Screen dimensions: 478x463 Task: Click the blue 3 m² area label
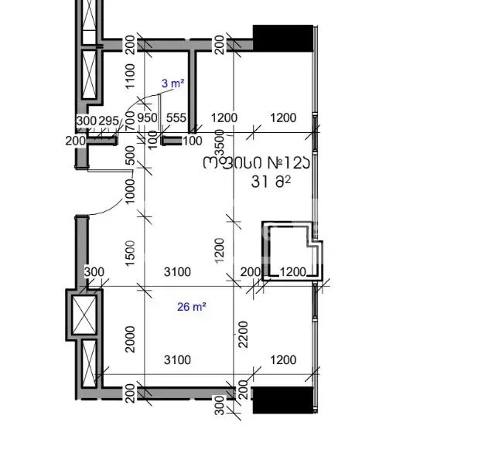pyautogui.click(x=172, y=83)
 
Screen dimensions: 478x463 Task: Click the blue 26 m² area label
pyautogui.click(x=192, y=307)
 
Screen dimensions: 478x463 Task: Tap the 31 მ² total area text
pyautogui.click(x=271, y=182)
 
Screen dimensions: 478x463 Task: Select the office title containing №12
pyautogui.click(x=257, y=162)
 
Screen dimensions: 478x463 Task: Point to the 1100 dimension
pyautogui.click(x=130, y=77)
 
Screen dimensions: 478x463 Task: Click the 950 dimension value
pyautogui.click(x=147, y=118)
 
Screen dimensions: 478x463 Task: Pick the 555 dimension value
pyautogui.click(x=176, y=118)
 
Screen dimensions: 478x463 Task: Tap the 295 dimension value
pyautogui.click(x=109, y=121)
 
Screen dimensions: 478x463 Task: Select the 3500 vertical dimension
pyautogui.click(x=220, y=142)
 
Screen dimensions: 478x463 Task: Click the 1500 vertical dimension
pyautogui.click(x=130, y=254)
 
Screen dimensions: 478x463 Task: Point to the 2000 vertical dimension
pyautogui.click(x=130, y=339)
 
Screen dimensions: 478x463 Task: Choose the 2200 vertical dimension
pyautogui.click(x=244, y=334)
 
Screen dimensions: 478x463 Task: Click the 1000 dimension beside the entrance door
pyautogui.click(x=130, y=191)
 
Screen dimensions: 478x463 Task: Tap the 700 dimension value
pyautogui.click(x=130, y=121)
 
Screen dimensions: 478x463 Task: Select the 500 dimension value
pyautogui.click(x=130, y=155)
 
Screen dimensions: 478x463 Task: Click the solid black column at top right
pyautogui.click(x=283, y=38)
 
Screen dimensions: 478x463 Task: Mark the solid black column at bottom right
pyautogui.click(x=283, y=400)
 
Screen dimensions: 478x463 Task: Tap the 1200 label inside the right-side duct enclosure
pyautogui.click(x=292, y=272)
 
